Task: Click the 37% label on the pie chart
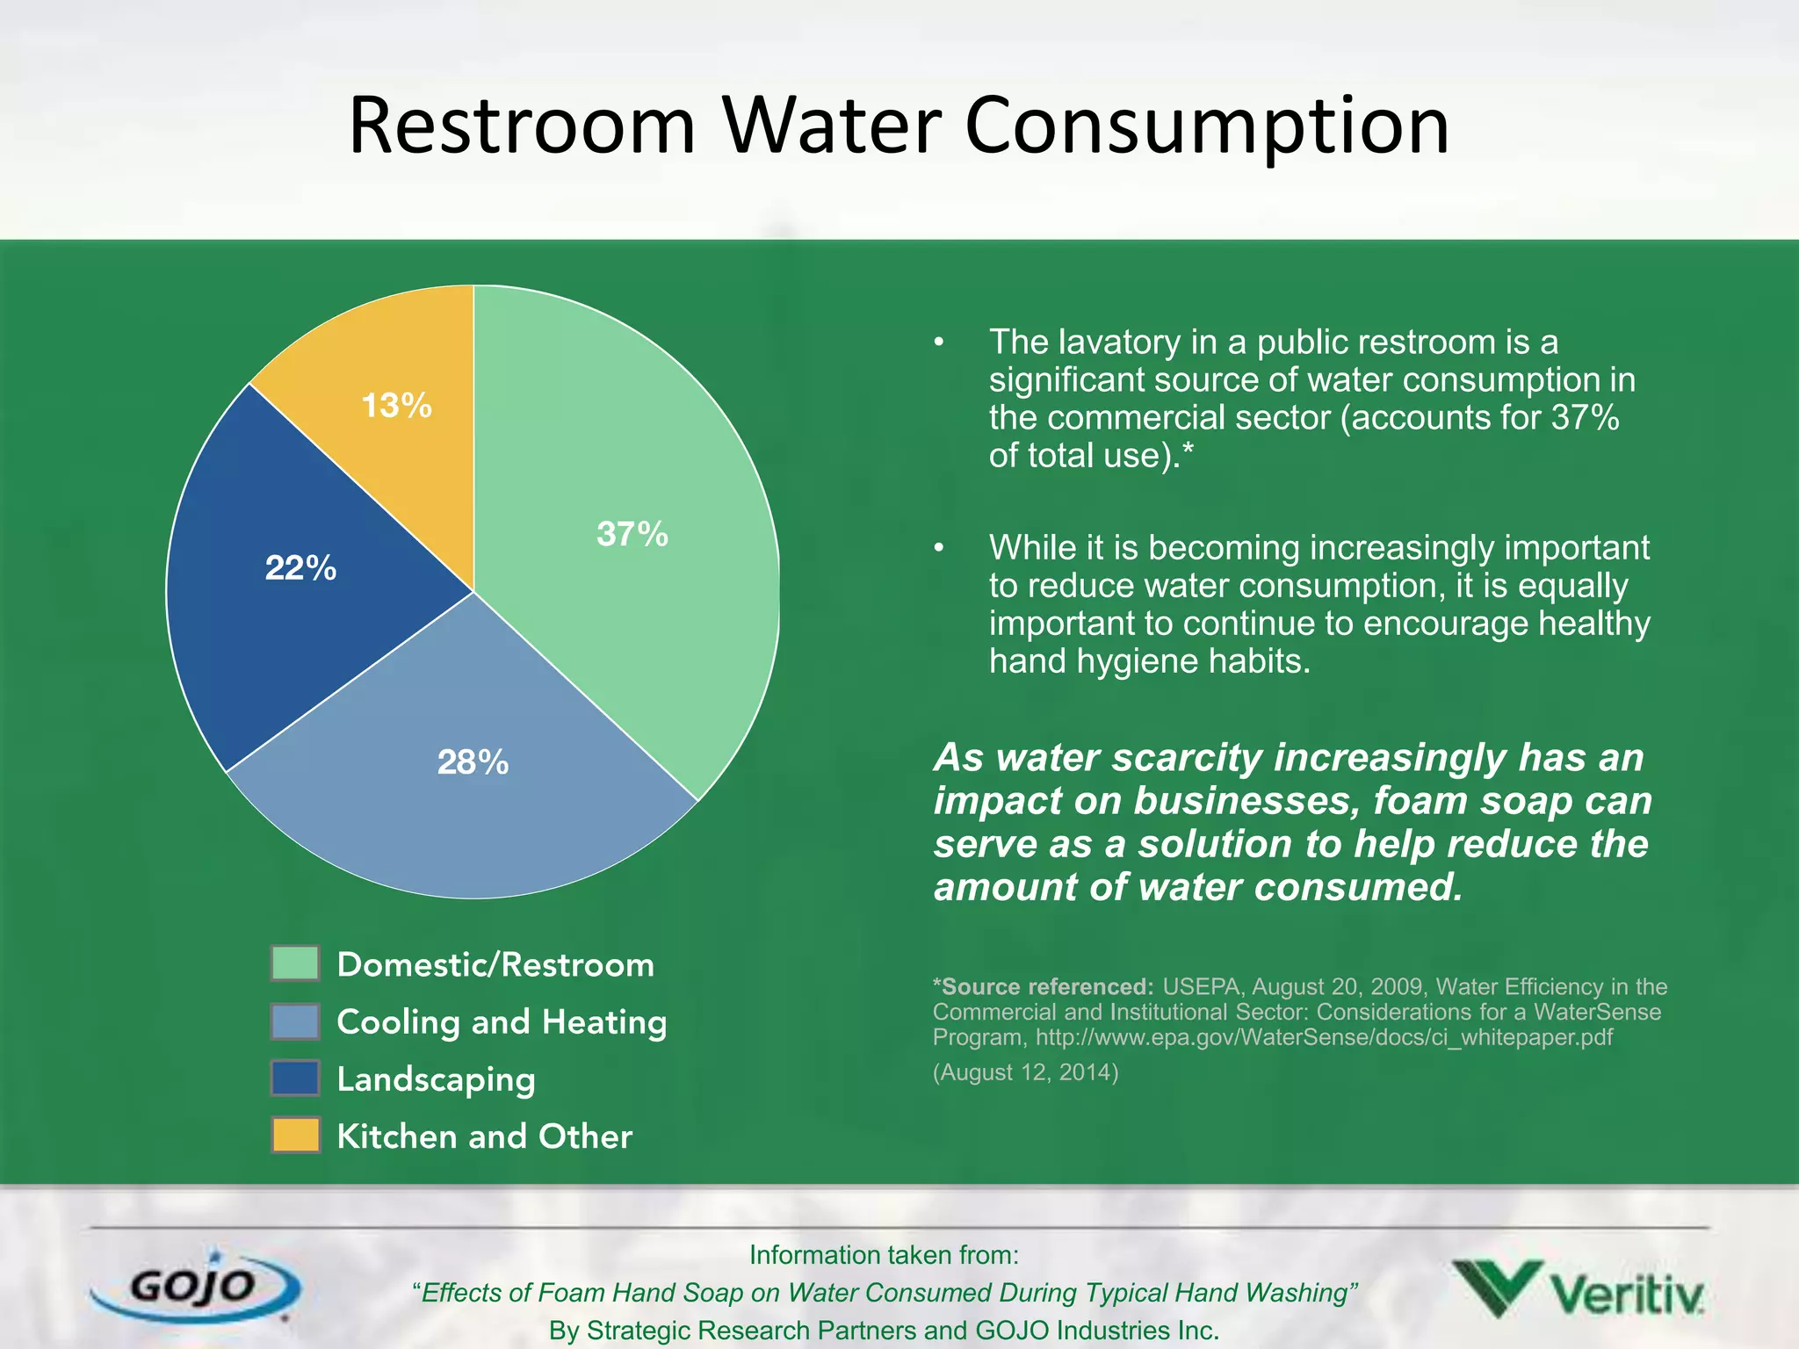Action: click(x=632, y=534)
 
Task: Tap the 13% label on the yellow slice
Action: click(x=396, y=406)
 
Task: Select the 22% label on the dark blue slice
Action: click(x=300, y=568)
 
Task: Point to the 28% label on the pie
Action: click(x=473, y=762)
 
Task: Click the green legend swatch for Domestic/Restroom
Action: click(x=295, y=963)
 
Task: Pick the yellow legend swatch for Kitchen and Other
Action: click(x=295, y=1135)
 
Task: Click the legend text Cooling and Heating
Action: click(x=502, y=1022)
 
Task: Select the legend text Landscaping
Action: click(x=436, y=1079)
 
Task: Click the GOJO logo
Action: click(x=195, y=1288)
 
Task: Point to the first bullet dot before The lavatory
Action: click(x=938, y=343)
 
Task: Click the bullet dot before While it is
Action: click(x=938, y=548)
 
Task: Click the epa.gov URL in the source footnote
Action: click(x=1324, y=1037)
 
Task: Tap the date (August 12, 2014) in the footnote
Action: click(x=1025, y=1072)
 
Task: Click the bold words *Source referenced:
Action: click(x=1043, y=987)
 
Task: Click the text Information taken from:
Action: click(x=884, y=1255)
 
